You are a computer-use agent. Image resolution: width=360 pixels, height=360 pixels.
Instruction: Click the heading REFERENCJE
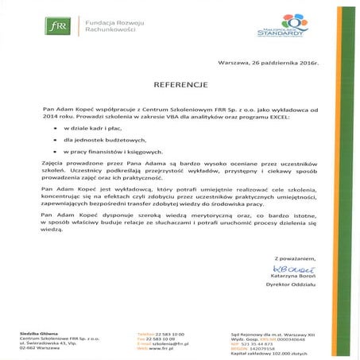[x=181, y=82]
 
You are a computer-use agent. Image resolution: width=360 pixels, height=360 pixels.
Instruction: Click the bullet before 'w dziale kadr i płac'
[x=55, y=127]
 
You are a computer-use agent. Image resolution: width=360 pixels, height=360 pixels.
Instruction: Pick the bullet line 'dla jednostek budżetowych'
[x=98, y=139]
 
